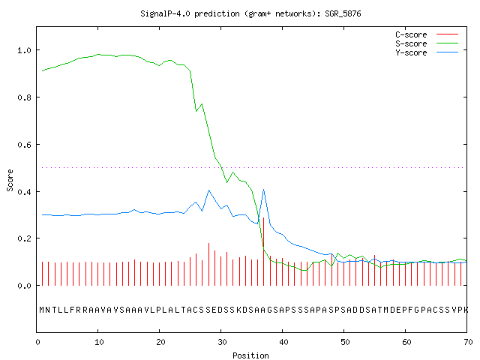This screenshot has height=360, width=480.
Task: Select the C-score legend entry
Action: tap(427, 34)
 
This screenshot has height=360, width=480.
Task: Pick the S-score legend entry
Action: tap(427, 43)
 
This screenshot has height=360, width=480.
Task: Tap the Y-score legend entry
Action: tap(427, 52)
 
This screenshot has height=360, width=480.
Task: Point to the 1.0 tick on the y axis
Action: tap(24, 50)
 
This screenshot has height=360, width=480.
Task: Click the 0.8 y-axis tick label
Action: tap(24, 97)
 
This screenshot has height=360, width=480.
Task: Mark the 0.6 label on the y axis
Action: tap(24, 145)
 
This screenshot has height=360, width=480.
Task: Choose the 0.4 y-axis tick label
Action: tap(24, 192)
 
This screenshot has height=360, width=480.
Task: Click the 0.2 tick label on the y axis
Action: tap(24, 238)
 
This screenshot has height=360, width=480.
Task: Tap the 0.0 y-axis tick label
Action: tap(24, 286)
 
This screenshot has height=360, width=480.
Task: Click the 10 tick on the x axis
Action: tap(99, 342)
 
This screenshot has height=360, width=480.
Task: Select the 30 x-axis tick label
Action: tap(222, 342)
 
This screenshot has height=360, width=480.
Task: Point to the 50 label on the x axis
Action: tap(345, 342)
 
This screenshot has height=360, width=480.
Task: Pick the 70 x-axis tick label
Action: tap(468, 342)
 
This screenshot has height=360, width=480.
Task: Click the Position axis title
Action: tap(250, 355)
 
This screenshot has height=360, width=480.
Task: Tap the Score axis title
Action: tap(10, 180)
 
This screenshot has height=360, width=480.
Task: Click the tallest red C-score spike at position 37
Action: tap(263, 251)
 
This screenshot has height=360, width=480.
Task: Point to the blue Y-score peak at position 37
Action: tap(263, 190)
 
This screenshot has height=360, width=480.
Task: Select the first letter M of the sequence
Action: tap(42, 310)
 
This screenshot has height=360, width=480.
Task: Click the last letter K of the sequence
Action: tap(466, 310)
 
